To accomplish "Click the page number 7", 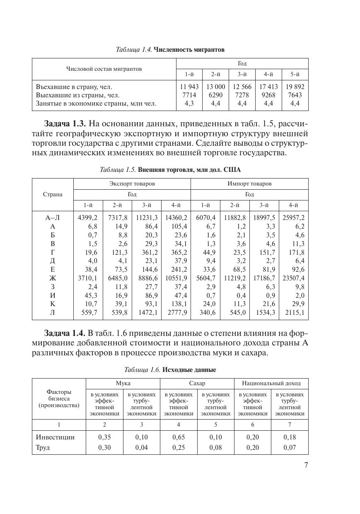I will [306, 465].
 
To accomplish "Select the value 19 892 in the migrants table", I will [295, 87].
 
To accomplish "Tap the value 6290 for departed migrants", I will [215, 95].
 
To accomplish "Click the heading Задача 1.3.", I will [65, 124].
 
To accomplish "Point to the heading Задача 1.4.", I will [65, 333].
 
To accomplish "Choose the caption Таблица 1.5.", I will [118, 170].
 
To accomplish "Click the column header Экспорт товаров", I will [132, 183].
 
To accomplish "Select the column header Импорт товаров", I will [249, 183].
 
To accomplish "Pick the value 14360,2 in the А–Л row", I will [176, 218].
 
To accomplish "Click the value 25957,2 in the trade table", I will [293, 218].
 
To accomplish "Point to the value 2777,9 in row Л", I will [176, 312].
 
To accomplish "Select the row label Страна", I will [53, 194].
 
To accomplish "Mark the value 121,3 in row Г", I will [118, 252].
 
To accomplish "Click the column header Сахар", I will [197, 383].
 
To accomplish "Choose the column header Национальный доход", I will [271, 383].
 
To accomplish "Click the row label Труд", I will [43, 448].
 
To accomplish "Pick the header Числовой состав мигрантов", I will [104, 69].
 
